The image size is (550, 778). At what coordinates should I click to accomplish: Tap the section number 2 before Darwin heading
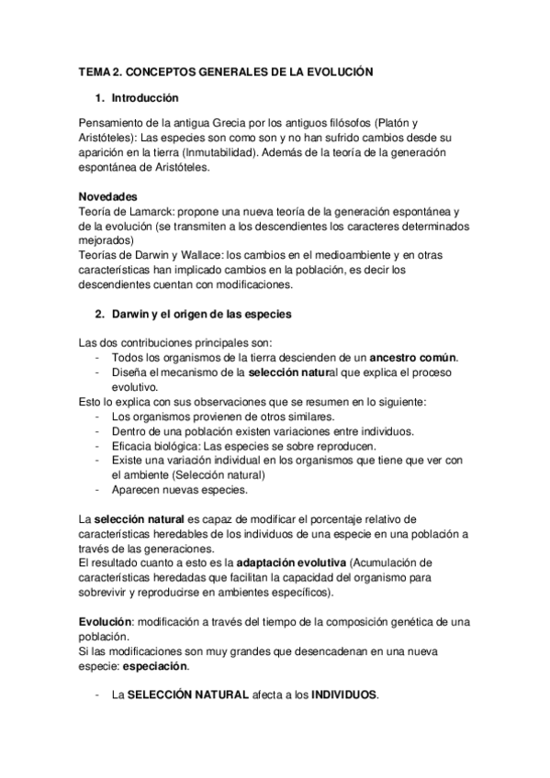(100, 315)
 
